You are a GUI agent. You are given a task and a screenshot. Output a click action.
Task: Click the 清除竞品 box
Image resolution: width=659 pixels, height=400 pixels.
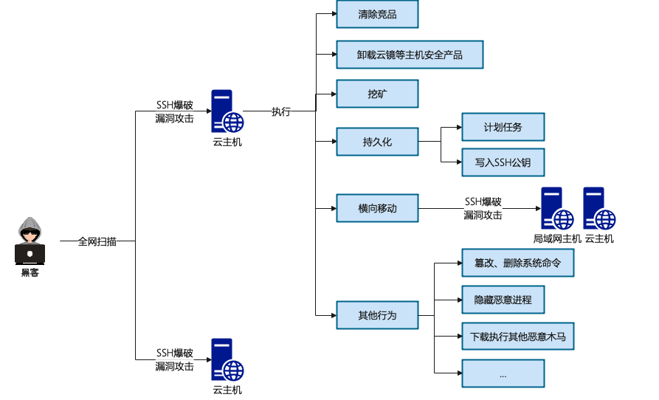point(377,15)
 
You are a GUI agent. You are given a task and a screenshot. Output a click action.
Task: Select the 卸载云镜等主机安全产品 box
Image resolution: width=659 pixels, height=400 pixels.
point(410,55)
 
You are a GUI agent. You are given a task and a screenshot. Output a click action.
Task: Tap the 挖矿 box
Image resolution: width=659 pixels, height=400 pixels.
point(377,94)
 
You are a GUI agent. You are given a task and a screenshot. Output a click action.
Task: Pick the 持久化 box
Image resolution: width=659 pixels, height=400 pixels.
point(377,142)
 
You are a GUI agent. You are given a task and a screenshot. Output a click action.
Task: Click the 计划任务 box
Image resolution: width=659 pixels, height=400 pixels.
point(503,127)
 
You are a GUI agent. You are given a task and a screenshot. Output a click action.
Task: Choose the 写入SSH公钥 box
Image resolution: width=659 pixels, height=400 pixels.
point(503,162)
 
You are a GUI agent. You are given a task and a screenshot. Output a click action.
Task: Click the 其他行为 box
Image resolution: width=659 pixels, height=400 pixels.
point(377,315)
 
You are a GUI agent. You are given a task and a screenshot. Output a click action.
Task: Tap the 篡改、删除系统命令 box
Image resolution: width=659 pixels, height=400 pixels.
point(518,263)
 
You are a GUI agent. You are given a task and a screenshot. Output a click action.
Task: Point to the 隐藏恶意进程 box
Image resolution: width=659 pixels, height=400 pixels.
point(503,300)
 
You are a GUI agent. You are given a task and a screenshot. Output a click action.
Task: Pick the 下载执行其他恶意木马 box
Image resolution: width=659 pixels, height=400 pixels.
point(518,337)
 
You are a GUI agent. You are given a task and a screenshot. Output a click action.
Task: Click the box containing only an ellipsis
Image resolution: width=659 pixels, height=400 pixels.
point(503,373)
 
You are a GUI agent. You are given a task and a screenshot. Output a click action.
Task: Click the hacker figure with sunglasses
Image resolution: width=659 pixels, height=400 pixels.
point(30,241)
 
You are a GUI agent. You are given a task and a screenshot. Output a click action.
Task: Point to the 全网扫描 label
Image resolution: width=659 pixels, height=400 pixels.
point(97,241)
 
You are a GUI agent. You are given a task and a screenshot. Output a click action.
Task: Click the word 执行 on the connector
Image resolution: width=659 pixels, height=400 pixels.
point(280,112)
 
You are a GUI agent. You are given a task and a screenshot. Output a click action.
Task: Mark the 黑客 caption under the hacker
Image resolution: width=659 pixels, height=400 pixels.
point(30,272)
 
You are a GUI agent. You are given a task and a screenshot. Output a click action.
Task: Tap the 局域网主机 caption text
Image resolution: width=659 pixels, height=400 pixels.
point(557,238)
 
